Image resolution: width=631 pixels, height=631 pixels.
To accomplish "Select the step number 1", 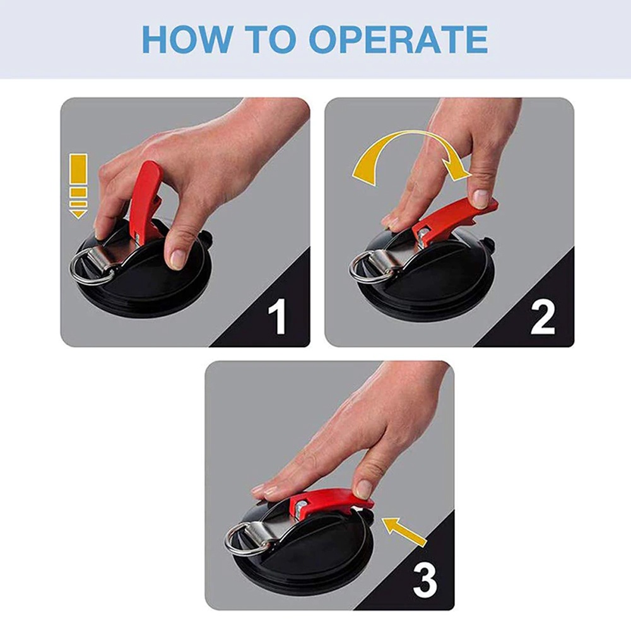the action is pyautogui.click(x=277, y=316).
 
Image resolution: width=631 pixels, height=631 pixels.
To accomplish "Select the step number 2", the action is pyautogui.click(x=543, y=316).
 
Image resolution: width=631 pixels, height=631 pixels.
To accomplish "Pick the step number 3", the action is pyautogui.click(x=425, y=579).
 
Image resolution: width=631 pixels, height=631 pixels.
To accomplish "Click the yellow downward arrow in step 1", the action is pyautogui.click(x=78, y=186).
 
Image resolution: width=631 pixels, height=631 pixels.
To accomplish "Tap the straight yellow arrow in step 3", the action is pyautogui.click(x=404, y=532).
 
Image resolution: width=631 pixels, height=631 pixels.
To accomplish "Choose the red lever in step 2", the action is pyautogui.click(x=455, y=222).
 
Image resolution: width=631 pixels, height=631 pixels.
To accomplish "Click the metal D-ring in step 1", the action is pyautogui.click(x=86, y=268).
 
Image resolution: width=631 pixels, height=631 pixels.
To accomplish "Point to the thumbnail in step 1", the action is pyautogui.click(x=177, y=257).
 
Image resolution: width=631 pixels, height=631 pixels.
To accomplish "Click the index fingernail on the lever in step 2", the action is pyautogui.click(x=480, y=198).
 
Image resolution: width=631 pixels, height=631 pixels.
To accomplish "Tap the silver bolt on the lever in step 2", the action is pyautogui.click(x=423, y=234).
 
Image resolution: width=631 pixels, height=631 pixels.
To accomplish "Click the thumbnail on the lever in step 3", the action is pyautogui.click(x=363, y=488).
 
